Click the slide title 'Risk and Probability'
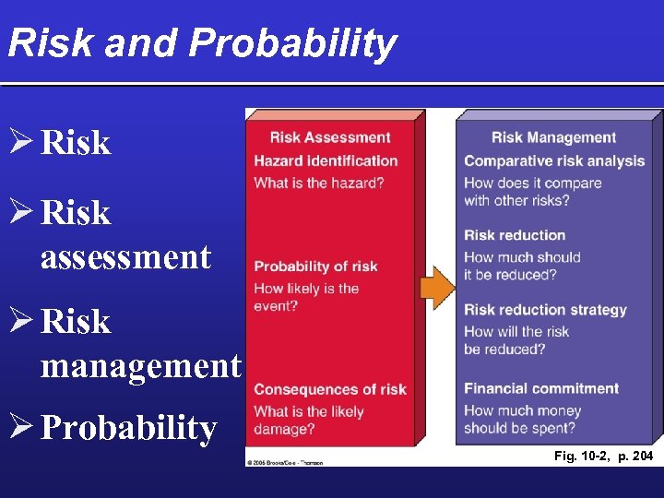click(202, 43)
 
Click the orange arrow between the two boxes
click(438, 288)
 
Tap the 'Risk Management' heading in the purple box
click(553, 138)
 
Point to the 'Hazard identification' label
click(326, 160)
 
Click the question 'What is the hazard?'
click(319, 183)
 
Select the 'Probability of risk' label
click(315, 267)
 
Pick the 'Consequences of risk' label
click(330, 389)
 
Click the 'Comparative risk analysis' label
click(554, 161)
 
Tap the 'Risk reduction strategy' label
click(545, 310)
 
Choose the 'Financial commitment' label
click(541, 388)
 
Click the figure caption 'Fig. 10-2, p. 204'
click(603, 456)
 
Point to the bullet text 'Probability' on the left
click(129, 429)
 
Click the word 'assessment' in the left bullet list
click(125, 257)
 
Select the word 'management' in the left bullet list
click(140, 366)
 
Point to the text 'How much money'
click(522, 410)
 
